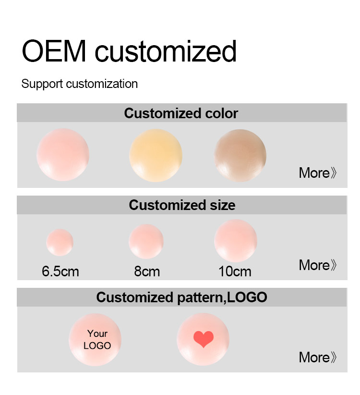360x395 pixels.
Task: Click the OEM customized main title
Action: click(129, 51)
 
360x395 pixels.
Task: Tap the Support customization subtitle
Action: click(80, 84)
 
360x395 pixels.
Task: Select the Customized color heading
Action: click(181, 113)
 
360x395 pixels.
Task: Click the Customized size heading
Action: click(182, 205)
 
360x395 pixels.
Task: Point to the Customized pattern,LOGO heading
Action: click(181, 297)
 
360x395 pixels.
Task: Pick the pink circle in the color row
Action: click(63, 155)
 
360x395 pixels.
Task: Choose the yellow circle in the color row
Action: click(156, 155)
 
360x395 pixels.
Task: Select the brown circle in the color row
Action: click(240, 155)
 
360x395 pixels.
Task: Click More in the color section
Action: click(317, 173)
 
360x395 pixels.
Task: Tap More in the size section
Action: click(317, 265)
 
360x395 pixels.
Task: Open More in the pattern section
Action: click(317, 357)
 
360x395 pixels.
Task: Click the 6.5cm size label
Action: click(60, 272)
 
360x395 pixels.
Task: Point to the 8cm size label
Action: click(147, 272)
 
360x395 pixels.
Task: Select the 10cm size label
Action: click(235, 272)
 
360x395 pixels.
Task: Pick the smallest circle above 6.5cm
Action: click(60, 242)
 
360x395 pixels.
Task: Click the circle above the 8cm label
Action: click(146, 242)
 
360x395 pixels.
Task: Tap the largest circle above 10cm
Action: click(236, 241)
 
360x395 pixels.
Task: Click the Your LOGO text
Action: click(97, 340)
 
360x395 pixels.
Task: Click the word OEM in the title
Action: click(54, 51)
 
